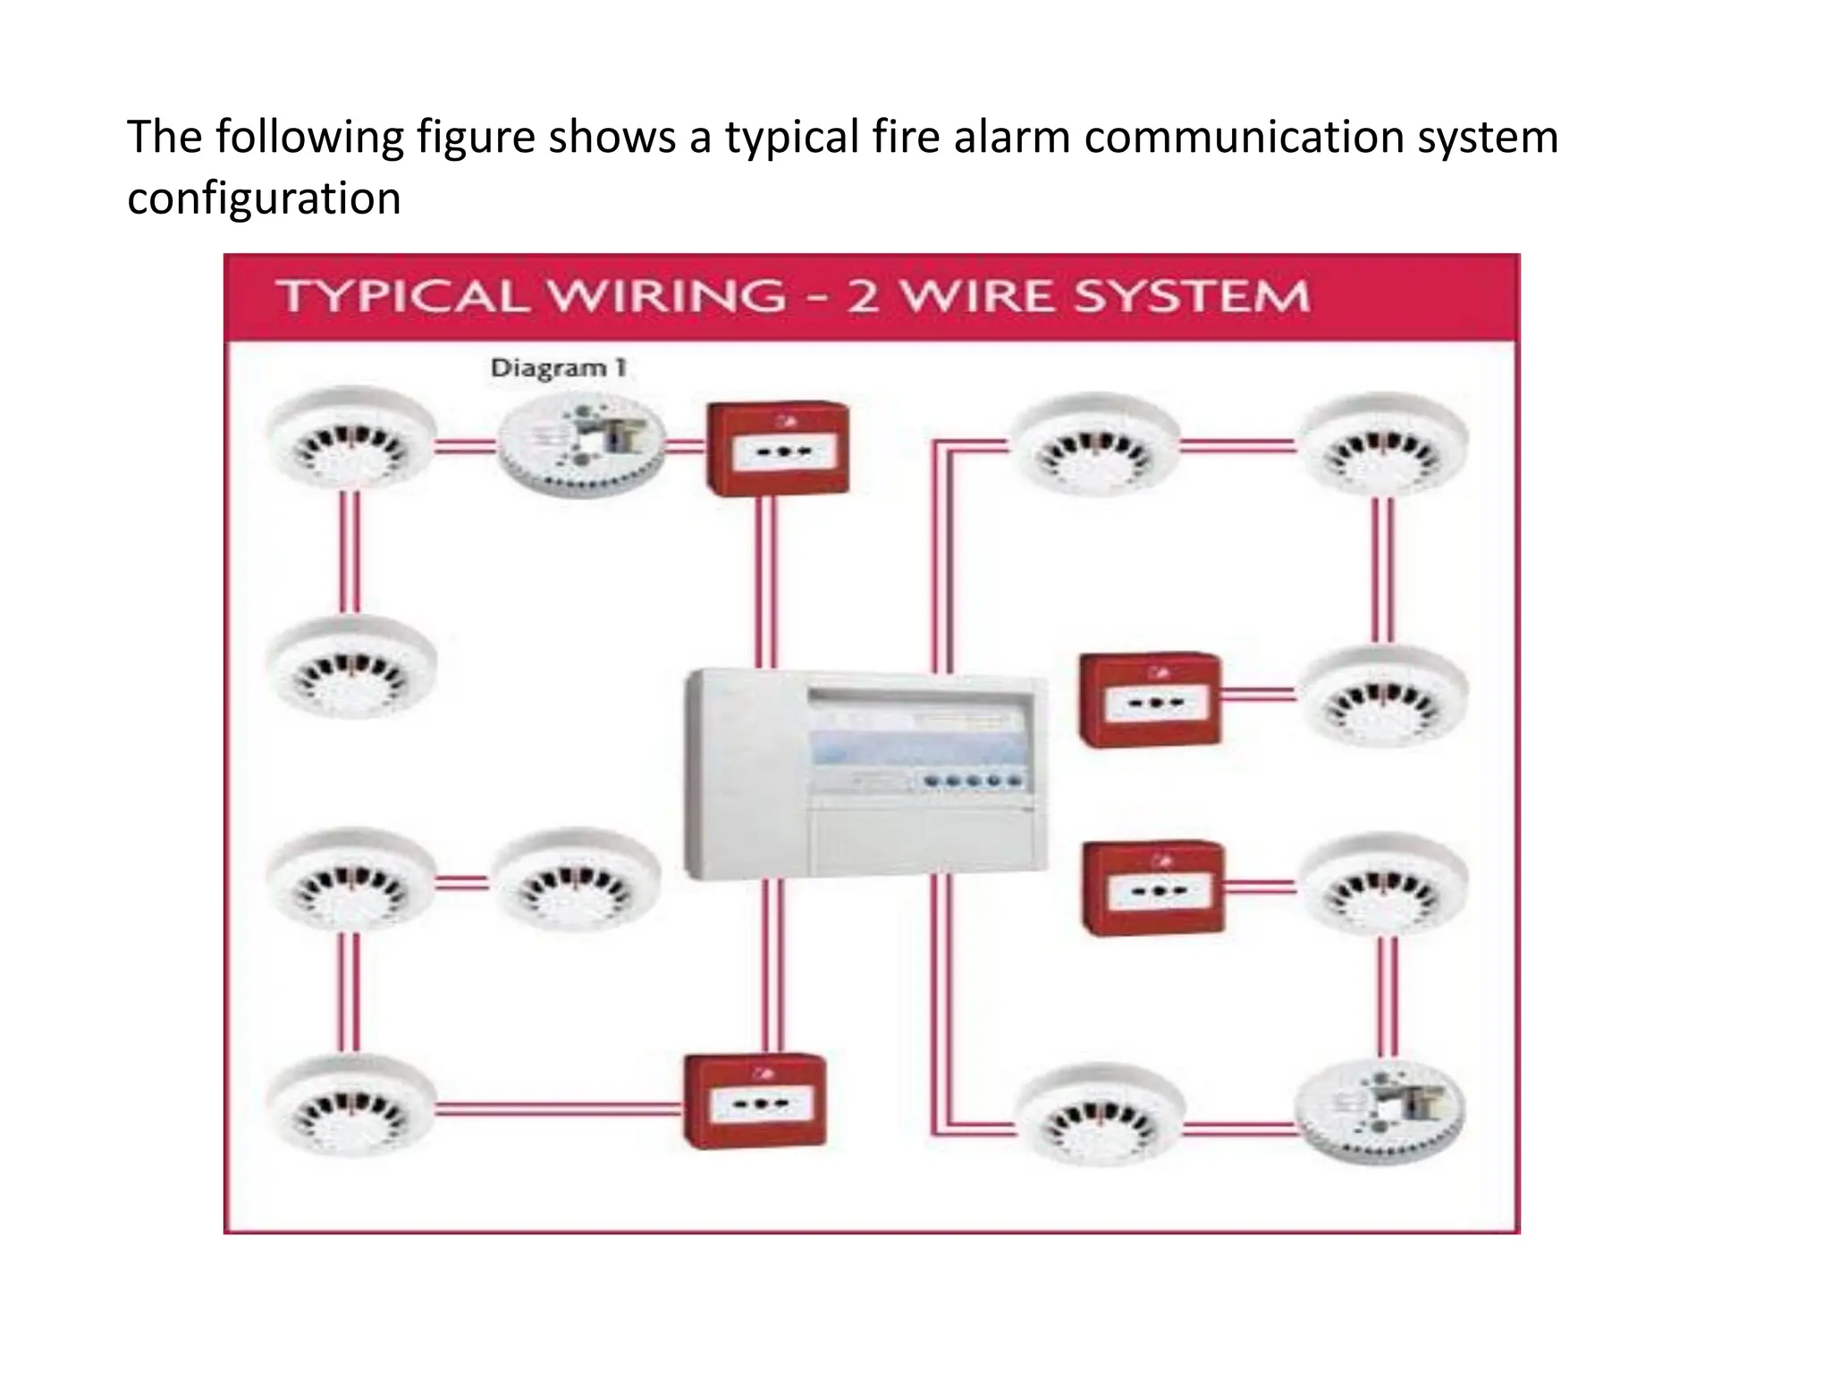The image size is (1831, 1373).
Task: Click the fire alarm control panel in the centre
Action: (x=865, y=774)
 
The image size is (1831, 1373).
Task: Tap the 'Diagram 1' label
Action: (x=558, y=368)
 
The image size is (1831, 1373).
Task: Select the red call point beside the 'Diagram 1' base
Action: (x=777, y=448)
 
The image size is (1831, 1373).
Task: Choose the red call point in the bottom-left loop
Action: (x=755, y=1101)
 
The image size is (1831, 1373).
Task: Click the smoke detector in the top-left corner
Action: (x=352, y=439)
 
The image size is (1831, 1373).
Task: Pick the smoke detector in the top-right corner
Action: (x=1383, y=444)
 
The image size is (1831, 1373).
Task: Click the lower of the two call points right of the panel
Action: (x=1153, y=889)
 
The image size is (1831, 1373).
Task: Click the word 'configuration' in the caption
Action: (x=264, y=198)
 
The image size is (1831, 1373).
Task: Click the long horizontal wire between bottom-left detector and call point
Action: (x=559, y=1109)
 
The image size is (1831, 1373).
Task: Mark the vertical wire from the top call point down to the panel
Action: (x=766, y=581)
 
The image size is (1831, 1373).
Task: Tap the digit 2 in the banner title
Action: (x=862, y=297)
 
